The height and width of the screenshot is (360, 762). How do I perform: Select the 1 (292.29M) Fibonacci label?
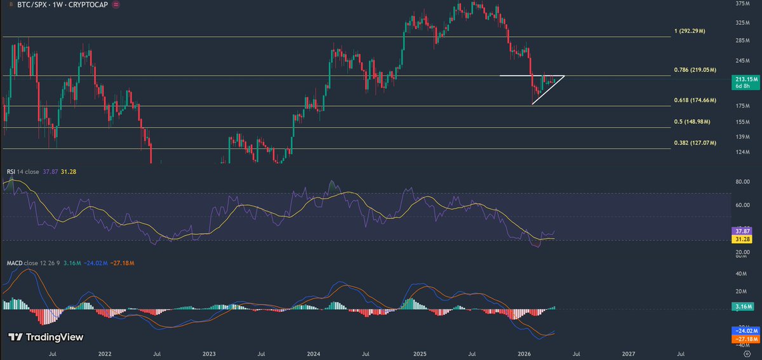pos(690,30)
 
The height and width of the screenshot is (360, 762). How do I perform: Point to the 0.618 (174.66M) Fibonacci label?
pos(695,100)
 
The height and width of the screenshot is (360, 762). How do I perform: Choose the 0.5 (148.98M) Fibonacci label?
pos(692,121)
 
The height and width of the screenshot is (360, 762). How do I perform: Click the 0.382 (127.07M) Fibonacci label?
pos(695,143)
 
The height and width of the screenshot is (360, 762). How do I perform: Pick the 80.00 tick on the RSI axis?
pos(742,182)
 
